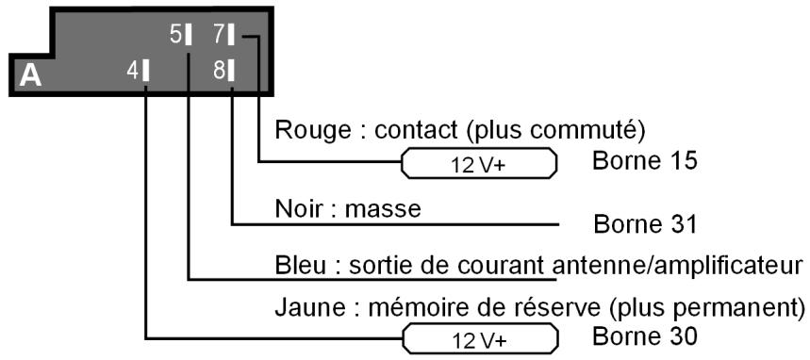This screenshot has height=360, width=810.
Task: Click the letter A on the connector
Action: point(30,75)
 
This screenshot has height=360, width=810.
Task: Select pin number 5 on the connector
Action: point(182,35)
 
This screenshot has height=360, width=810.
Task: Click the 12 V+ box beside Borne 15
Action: point(479,164)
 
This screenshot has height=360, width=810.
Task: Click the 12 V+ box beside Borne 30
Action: point(479,337)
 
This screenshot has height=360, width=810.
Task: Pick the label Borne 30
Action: point(645,335)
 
